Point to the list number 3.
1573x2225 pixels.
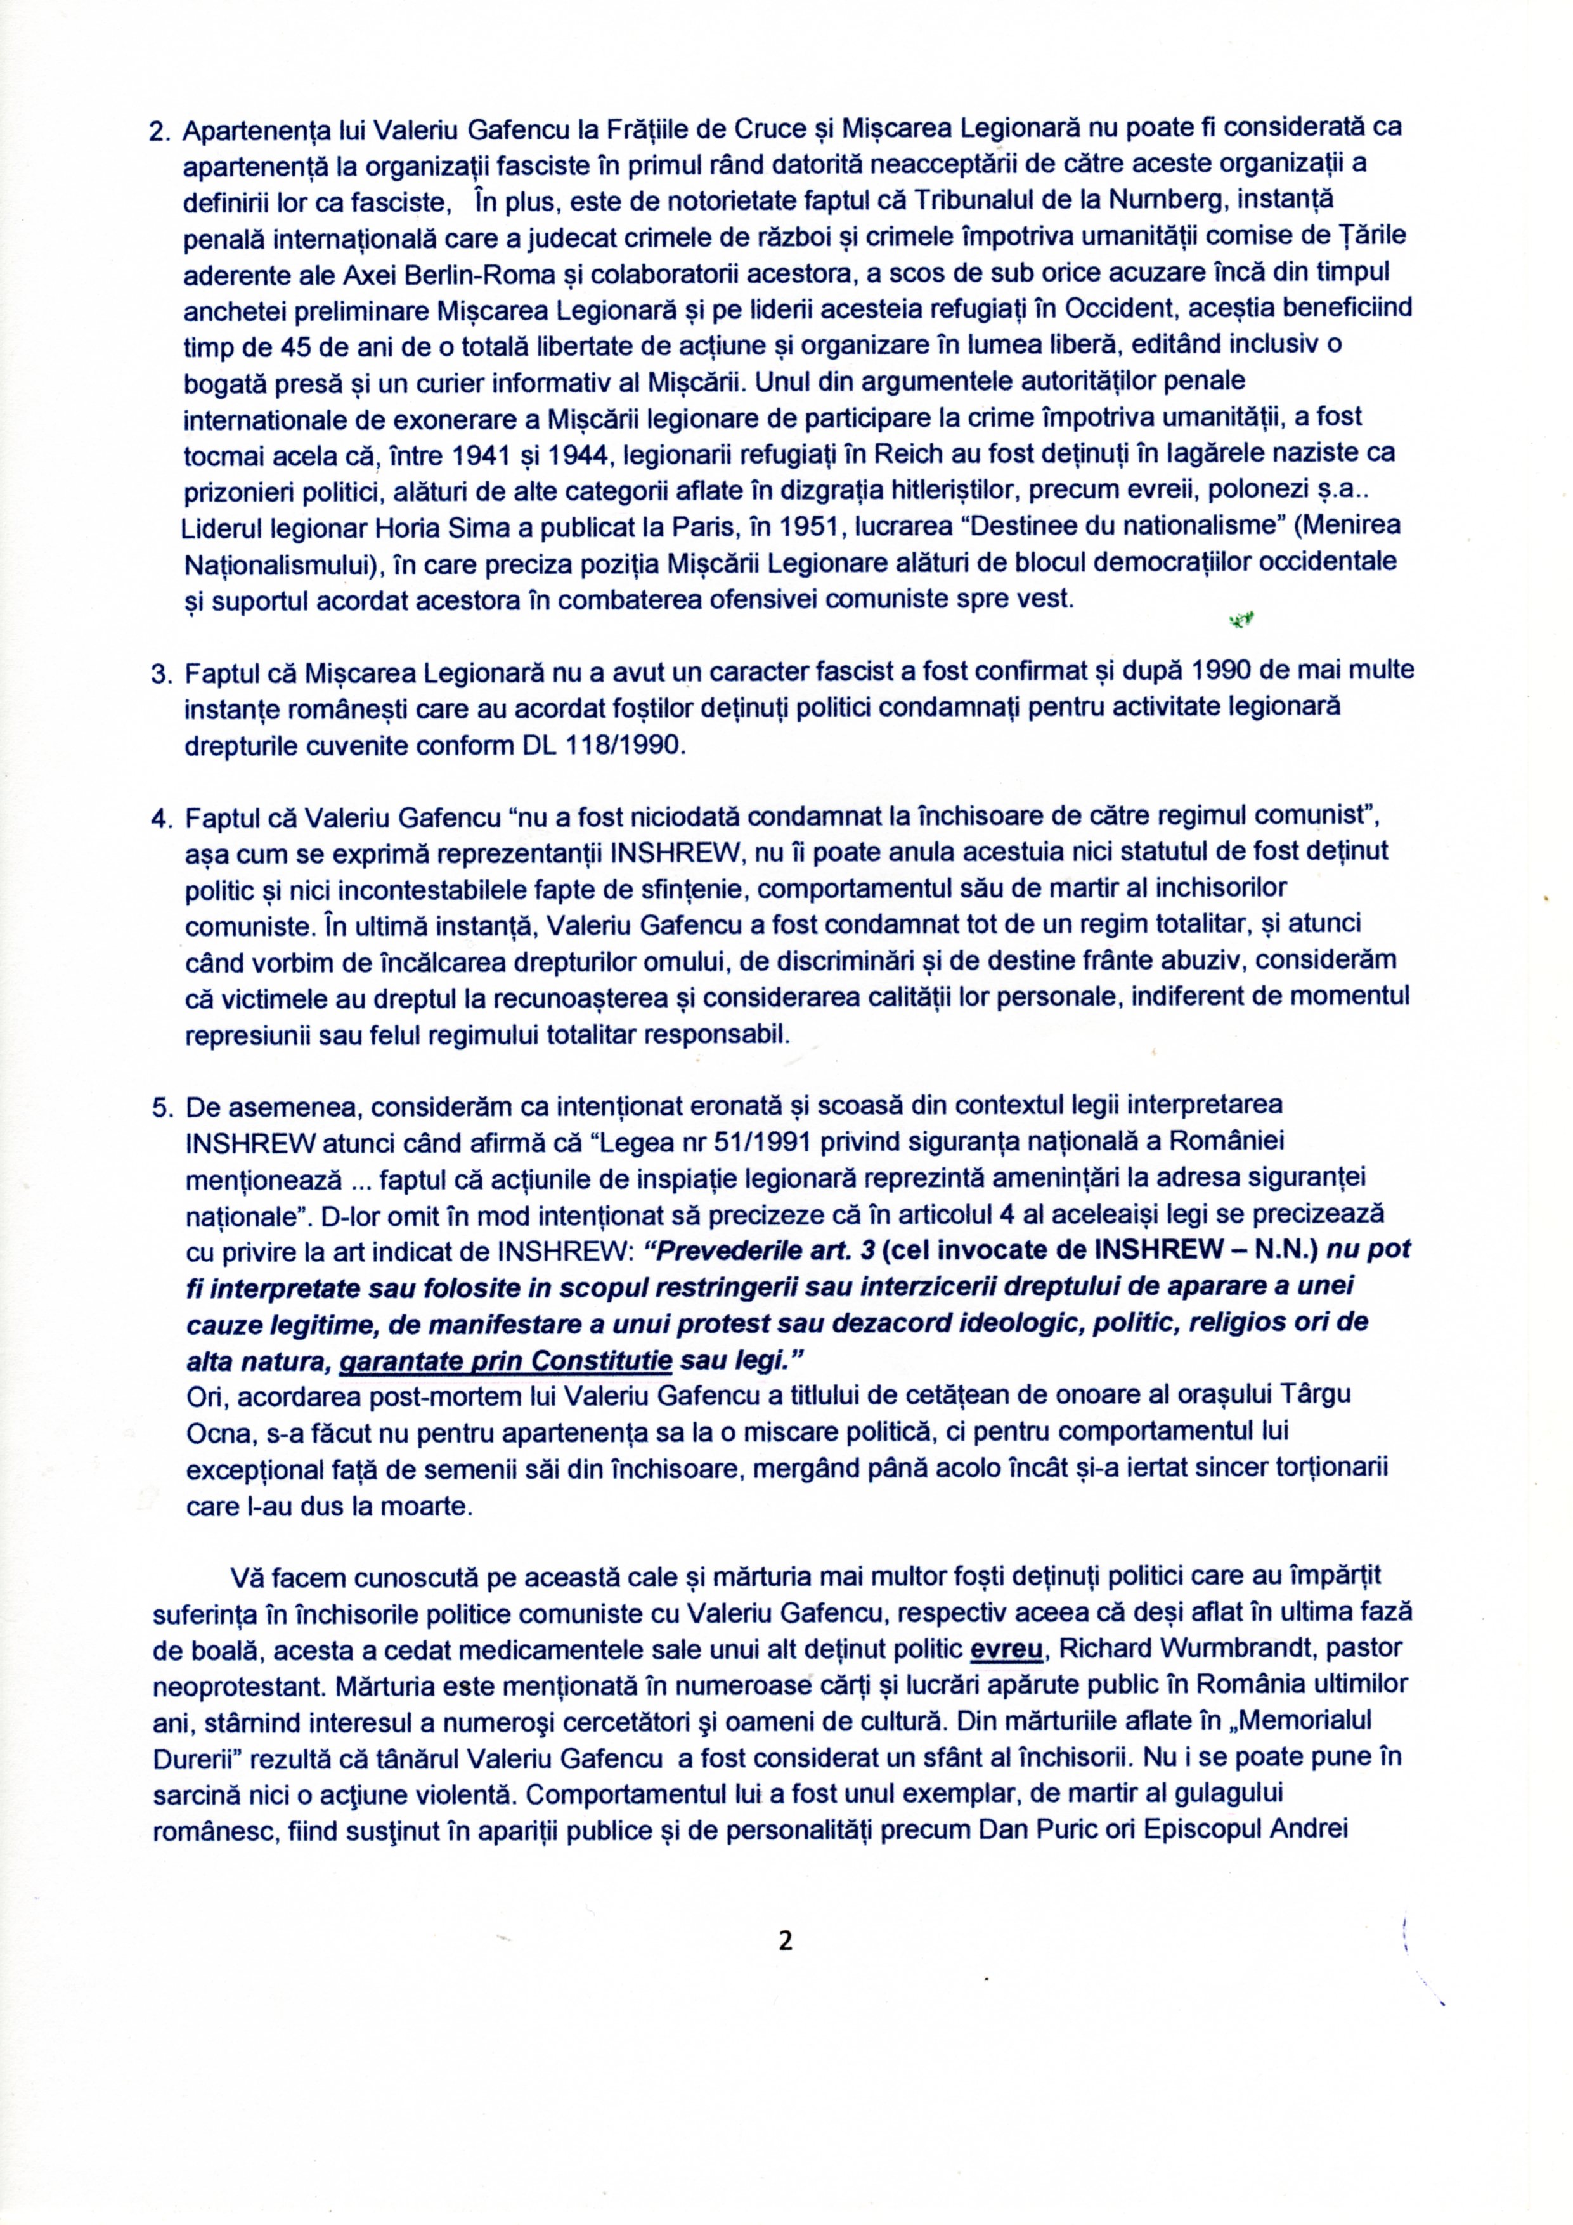(162, 673)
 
